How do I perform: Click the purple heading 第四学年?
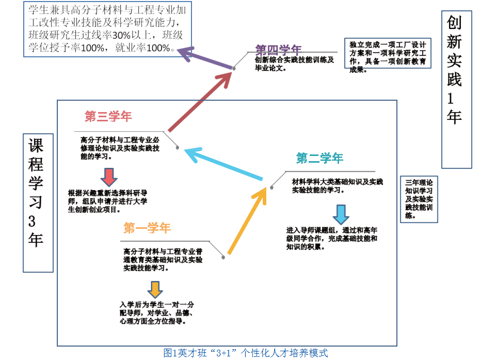coord(278,50)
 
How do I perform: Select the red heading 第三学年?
coord(108,117)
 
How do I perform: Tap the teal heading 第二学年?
coord(319,158)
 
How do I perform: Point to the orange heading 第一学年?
coord(147,228)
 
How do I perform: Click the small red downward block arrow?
coord(108,177)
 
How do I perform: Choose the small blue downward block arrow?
coord(341,214)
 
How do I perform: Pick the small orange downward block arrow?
coord(154,289)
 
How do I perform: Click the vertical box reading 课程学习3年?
coord(38,202)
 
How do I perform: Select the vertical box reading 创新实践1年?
coord(456,90)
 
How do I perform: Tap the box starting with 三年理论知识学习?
coord(419,199)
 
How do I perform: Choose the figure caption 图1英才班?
coord(245,353)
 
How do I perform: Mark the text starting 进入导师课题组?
coord(332,238)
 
